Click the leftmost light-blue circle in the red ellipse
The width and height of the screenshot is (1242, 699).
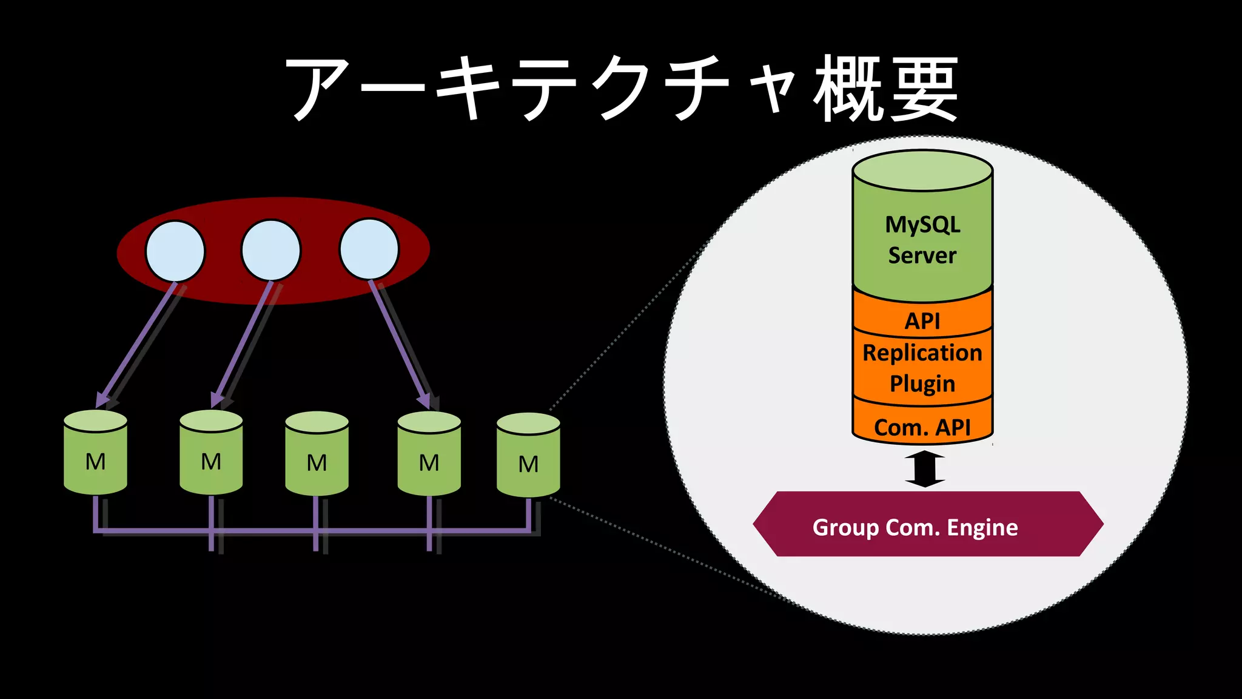pos(175,251)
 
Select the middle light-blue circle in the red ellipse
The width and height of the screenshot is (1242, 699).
pos(271,250)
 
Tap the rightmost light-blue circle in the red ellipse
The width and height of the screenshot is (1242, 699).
pos(369,249)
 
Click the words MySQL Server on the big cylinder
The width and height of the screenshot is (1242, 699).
pos(922,240)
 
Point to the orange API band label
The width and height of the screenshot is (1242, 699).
pos(922,320)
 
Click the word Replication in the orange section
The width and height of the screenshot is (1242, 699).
pos(922,353)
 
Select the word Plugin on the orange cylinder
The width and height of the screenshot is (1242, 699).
pos(922,384)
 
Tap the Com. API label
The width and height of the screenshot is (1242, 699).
pos(922,427)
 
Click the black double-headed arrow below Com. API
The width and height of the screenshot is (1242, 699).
pos(925,468)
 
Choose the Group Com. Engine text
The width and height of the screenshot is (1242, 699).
pos(915,527)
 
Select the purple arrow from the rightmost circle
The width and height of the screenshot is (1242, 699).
pos(399,343)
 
